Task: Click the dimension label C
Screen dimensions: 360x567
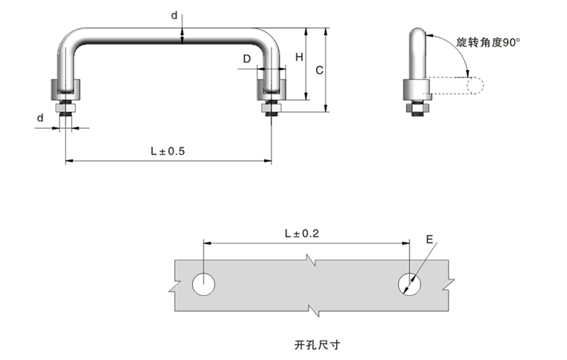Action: (319, 70)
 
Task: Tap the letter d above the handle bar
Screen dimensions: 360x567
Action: (174, 14)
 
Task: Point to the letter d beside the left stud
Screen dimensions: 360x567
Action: (40, 117)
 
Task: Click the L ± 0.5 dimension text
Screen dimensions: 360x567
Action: (168, 151)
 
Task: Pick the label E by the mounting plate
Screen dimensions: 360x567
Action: (429, 240)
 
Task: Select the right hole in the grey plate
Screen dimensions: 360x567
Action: (409, 284)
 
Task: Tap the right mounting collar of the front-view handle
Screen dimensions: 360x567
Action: (272, 90)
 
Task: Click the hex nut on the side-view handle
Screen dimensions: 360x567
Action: (416, 108)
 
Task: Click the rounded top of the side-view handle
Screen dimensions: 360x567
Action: (417, 34)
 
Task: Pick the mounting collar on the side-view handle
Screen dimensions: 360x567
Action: (416, 90)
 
